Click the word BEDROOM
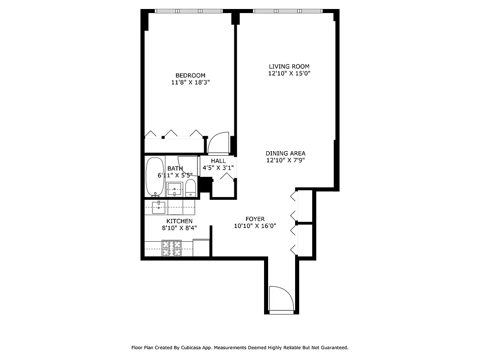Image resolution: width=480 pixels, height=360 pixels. tap(190, 75)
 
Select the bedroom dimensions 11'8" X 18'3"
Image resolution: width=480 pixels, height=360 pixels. tap(190, 82)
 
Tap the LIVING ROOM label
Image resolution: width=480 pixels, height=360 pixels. tap(289, 66)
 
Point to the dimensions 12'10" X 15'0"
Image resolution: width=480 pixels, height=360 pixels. tap(289, 73)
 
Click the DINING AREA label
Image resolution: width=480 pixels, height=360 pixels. tap(285, 153)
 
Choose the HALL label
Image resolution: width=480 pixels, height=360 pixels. tap(218, 161)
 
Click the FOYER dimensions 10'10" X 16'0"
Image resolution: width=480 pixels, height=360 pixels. tap(255, 226)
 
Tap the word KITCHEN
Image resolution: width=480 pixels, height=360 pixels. tap(179, 221)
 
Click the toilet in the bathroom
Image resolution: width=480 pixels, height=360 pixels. tap(191, 188)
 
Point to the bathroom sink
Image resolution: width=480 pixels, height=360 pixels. tap(174, 189)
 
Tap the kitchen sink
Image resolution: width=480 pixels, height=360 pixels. tap(159, 207)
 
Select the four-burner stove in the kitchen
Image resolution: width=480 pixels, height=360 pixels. tap(171, 248)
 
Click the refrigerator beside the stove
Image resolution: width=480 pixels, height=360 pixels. tap(201, 247)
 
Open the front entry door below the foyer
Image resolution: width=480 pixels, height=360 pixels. tap(281, 298)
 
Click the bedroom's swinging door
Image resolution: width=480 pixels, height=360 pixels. tap(219, 143)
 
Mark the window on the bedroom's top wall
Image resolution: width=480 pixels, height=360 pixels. tap(189, 11)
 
